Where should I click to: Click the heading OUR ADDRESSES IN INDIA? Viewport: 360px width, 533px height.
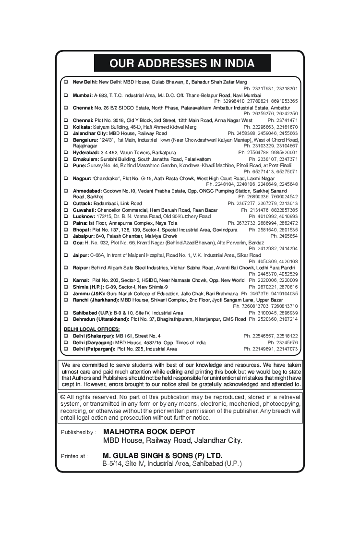[x=182, y=63]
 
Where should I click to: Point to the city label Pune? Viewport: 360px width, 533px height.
[x=79, y=165]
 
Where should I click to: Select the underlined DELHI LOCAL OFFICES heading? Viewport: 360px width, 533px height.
[x=92, y=329]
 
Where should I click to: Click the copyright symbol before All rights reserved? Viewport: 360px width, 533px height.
[x=63, y=397]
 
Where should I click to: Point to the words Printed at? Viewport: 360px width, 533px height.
[x=74, y=456]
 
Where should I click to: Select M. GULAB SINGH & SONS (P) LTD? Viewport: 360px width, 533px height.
[x=163, y=455]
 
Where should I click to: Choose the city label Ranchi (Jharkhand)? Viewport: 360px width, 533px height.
[x=96, y=300]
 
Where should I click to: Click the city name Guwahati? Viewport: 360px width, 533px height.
[x=84, y=210]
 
